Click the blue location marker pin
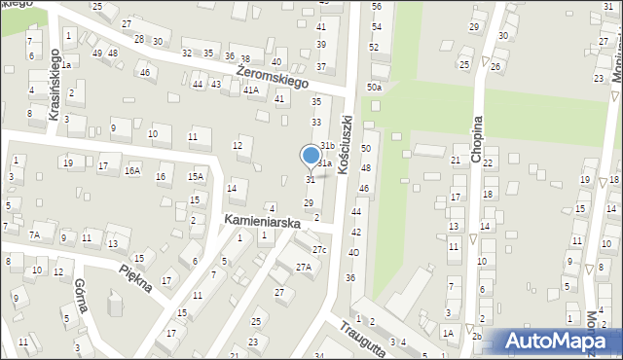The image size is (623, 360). [311, 156]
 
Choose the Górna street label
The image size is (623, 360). [80, 294]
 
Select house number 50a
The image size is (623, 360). [374, 88]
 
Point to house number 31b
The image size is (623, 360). [328, 146]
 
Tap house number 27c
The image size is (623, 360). [320, 251]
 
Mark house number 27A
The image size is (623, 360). [303, 267]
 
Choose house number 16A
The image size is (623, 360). [131, 170]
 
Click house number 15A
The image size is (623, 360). [196, 176]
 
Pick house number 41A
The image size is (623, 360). [251, 90]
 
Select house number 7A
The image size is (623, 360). [34, 234]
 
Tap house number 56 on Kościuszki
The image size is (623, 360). [376, 8]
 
